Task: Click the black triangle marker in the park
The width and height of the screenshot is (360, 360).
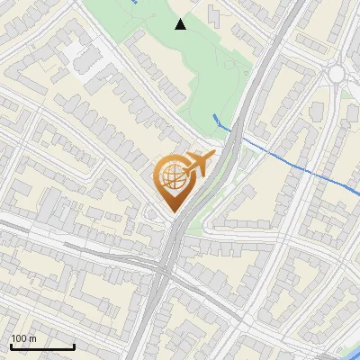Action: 180,24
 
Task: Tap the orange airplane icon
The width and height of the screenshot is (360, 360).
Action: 199,165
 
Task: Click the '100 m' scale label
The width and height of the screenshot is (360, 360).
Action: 23,338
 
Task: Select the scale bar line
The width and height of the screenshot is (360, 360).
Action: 42,346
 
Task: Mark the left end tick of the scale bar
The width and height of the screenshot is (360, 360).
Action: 11,345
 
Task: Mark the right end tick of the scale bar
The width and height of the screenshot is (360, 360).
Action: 74,345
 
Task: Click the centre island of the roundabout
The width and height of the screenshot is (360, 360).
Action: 338,73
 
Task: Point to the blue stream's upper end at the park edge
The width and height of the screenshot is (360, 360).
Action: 214,116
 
